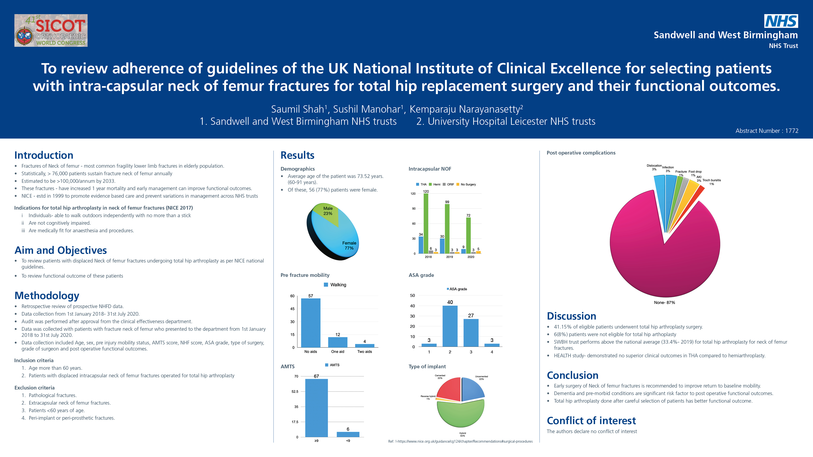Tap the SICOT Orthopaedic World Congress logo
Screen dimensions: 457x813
point(51,31)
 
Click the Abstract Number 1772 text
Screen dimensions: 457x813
point(767,131)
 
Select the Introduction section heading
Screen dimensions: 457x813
point(44,155)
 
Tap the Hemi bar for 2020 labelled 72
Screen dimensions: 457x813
point(468,235)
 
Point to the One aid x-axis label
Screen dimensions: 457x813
point(337,352)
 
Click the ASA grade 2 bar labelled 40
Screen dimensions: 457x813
point(450,326)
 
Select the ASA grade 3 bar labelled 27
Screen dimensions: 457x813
point(471,333)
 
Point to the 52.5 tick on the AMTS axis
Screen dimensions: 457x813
point(295,392)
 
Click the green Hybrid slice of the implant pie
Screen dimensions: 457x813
point(461,415)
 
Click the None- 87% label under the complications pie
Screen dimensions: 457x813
point(664,302)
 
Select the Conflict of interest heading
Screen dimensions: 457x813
point(591,421)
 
